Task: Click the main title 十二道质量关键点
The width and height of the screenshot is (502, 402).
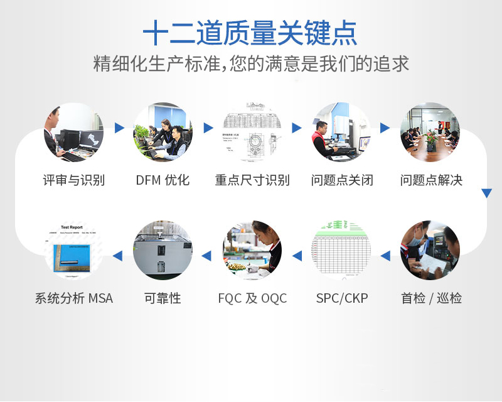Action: (250, 33)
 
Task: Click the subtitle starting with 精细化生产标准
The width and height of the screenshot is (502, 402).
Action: (250, 64)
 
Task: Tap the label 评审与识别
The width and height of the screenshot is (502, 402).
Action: (73, 180)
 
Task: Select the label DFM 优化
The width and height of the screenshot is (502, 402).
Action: (163, 180)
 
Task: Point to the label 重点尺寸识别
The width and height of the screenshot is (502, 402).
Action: (252, 180)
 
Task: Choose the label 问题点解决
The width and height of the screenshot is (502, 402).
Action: (431, 180)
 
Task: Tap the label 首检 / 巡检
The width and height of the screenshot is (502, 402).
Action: (431, 298)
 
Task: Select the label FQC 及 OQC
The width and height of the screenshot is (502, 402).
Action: (252, 298)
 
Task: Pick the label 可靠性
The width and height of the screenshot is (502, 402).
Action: (163, 298)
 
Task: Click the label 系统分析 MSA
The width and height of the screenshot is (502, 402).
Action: (73, 298)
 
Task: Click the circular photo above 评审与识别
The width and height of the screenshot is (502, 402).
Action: (73, 133)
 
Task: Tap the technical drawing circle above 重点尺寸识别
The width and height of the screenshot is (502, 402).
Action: (252, 133)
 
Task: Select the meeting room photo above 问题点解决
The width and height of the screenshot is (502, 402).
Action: (430, 133)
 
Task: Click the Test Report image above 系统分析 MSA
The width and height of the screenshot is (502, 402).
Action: (73, 250)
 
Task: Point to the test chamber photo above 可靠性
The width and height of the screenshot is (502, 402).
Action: (163, 250)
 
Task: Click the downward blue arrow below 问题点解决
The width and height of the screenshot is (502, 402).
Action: (486, 193)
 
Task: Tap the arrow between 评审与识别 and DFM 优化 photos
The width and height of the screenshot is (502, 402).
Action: (119, 128)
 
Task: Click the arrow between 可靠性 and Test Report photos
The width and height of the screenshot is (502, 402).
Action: (117, 256)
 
